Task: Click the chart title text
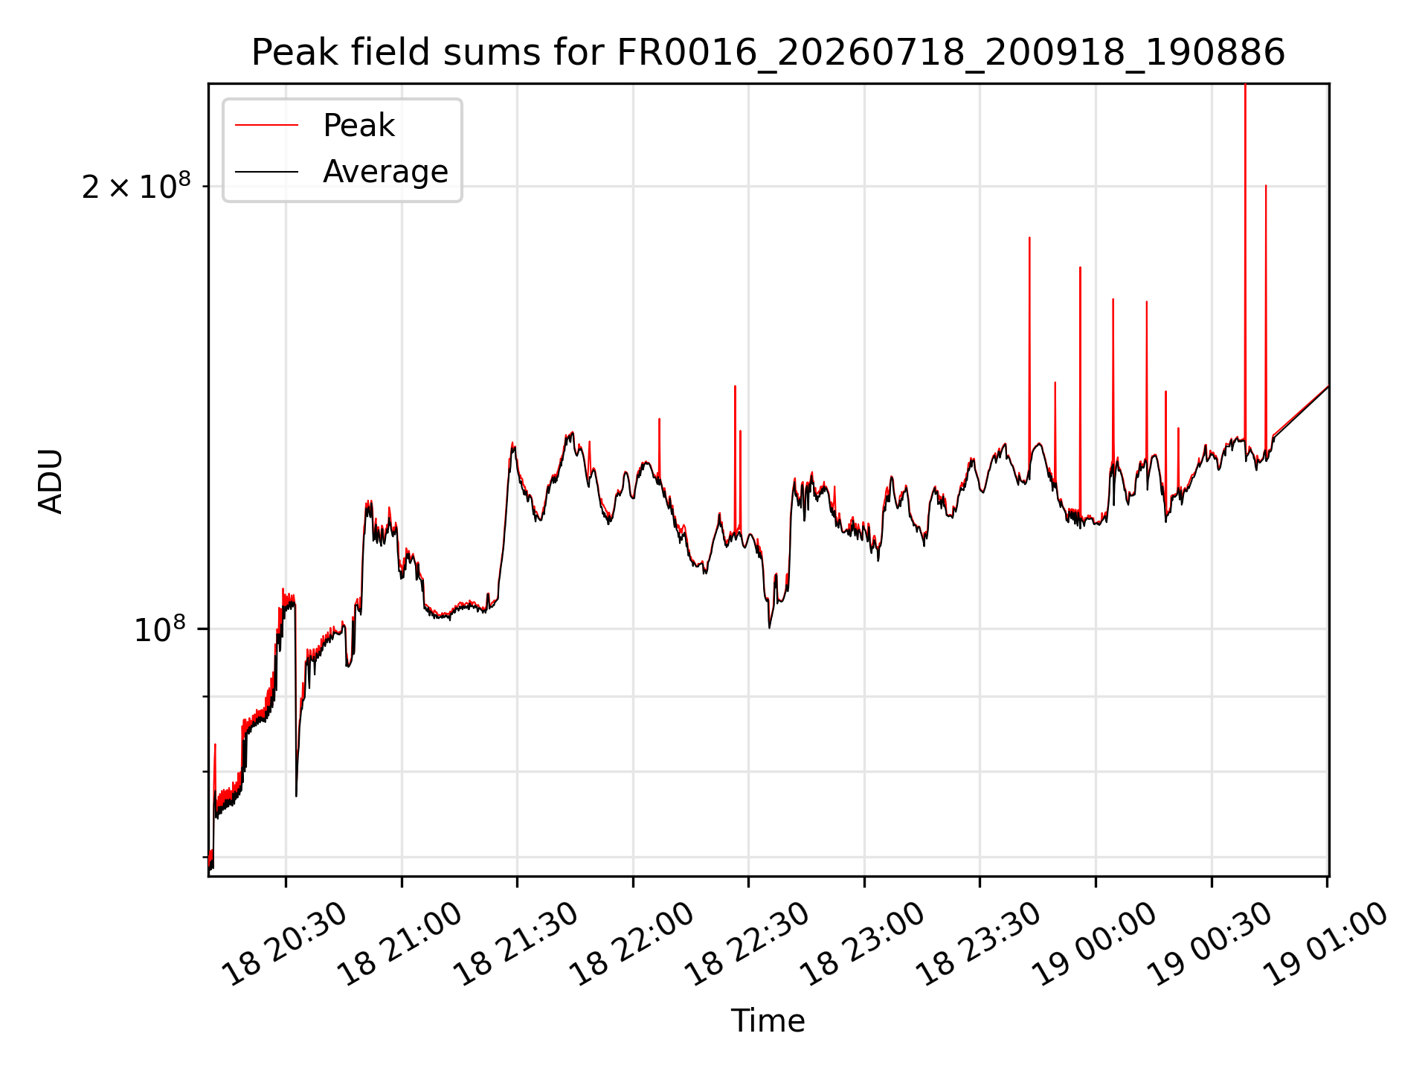[768, 53]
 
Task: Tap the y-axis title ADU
[51, 480]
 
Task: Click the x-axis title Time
[768, 1021]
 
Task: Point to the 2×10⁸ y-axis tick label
[136, 186]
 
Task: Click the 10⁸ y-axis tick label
[160, 629]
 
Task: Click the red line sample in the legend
[266, 126]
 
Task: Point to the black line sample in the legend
[266, 173]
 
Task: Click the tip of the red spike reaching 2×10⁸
[1266, 185]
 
